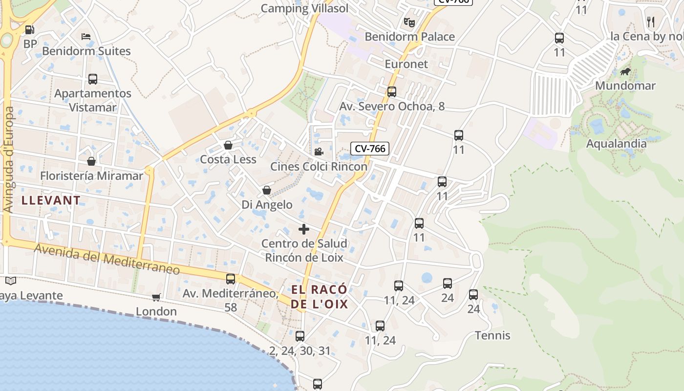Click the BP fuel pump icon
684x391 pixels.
(30, 30)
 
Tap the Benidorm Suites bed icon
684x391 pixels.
(86, 37)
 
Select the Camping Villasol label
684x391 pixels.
(304, 8)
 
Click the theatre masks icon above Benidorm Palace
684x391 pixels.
(409, 22)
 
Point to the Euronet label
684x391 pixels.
(406, 64)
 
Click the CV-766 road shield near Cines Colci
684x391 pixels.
(370, 149)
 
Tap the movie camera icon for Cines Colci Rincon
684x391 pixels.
(319, 152)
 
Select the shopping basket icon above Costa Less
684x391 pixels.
(228, 145)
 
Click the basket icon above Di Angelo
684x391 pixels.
(267, 190)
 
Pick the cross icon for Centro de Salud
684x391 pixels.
(304, 229)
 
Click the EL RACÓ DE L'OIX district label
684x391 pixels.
(320, 297)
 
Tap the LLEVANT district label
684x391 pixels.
(51, 200)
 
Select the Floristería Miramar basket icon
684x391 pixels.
(91, 161)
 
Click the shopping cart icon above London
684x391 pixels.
(156, 297)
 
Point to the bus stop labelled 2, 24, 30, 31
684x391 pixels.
(300, 336)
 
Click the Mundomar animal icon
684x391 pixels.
(625, 72)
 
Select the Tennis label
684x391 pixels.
(492, 335)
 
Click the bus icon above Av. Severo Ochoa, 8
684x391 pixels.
(391, 92)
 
